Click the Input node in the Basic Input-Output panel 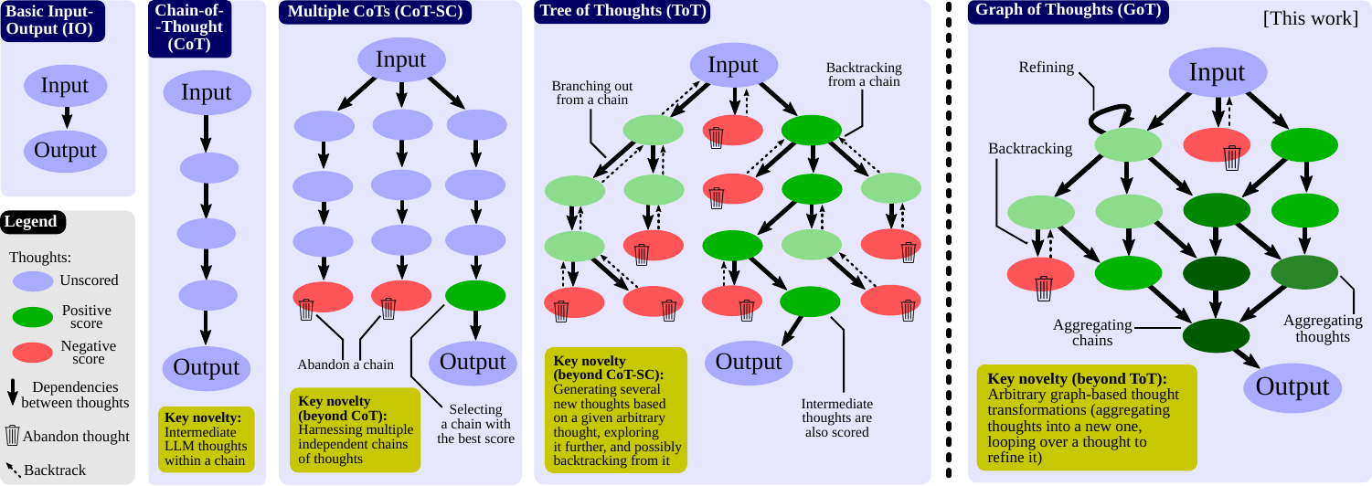(66, 86)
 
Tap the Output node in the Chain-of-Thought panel (207, 368)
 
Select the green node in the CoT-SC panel (475, 296)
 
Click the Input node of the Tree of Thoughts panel (734, 65)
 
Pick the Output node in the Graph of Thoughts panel (1292, 387)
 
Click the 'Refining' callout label (1047, 68)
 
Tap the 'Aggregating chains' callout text (1092, 333)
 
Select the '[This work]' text (1310, 18)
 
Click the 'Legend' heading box (33, 222)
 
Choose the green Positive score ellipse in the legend (33, 317)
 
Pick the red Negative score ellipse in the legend (33, 353)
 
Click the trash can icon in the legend (12, 435)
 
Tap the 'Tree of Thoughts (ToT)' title (622, 11)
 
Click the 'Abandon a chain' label (346, 364)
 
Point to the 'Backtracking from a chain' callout (864, 75)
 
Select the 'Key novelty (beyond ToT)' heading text (1077, 379)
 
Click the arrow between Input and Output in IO (67, 117)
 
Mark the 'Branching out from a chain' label (591, 93)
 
